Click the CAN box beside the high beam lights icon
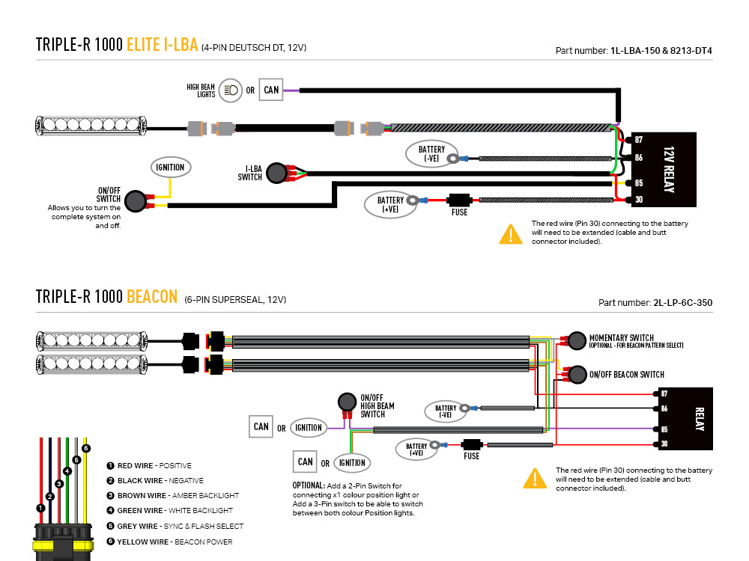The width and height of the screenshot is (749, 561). click(271, 90)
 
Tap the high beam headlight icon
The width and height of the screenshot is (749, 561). click(231, 90)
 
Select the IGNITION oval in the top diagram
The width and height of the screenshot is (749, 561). click(171, 168)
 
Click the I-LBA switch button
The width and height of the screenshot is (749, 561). click(276, 173)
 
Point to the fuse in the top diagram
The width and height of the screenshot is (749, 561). click(460, 200)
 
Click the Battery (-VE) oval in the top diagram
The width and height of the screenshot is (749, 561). click(431, 153)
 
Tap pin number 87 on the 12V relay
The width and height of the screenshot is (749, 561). click(639, 140)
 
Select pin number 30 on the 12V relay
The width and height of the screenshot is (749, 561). click(639, 200)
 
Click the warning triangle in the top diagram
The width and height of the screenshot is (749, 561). click(511, 234)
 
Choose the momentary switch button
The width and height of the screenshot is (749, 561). click(577, 340)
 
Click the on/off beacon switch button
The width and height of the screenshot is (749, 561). click(577, 375)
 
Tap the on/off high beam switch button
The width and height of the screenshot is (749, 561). click(348, 402)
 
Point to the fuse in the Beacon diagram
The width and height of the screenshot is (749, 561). click(471, 444)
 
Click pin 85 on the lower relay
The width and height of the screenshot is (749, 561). click(664, 429)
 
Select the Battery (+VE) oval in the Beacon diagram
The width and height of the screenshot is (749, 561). click(416, 450)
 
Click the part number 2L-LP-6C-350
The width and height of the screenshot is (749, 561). click(682, 302)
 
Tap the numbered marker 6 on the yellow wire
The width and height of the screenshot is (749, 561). click(86, 448)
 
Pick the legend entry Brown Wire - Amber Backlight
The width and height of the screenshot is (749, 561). click(178, 496)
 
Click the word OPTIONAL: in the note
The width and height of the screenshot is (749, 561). click(309, 485)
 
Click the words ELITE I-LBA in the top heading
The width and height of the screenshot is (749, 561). click(163, 45)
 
